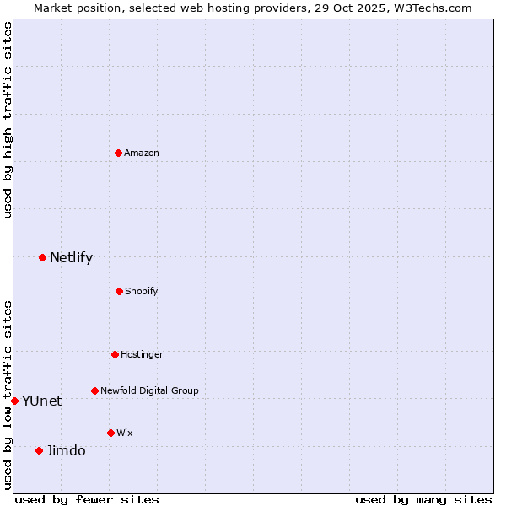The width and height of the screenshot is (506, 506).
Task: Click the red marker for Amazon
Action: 118,153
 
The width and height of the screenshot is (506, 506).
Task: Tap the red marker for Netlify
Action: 42,257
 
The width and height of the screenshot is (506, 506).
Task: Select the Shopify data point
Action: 119,291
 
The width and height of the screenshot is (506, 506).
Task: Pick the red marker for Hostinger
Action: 115,354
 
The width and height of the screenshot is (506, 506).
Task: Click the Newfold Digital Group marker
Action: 94,390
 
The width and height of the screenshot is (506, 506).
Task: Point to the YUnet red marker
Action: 15,401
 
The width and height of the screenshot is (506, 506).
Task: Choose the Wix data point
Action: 110,433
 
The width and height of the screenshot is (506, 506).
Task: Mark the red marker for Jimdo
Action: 39,450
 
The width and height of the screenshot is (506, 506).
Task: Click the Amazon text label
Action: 142,153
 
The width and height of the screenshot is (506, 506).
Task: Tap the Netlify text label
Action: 71,257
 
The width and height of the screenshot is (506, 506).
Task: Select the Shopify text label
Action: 142,291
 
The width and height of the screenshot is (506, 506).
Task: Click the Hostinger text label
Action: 142,354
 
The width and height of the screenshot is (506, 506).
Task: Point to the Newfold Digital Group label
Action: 149,390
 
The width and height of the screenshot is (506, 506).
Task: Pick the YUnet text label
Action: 41,401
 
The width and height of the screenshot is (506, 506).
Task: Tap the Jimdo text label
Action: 66,450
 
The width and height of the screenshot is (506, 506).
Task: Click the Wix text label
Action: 125,433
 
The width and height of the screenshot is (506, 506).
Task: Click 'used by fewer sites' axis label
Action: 87,499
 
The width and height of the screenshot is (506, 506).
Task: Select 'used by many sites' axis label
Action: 423,499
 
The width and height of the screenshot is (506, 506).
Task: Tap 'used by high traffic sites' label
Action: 8,120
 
